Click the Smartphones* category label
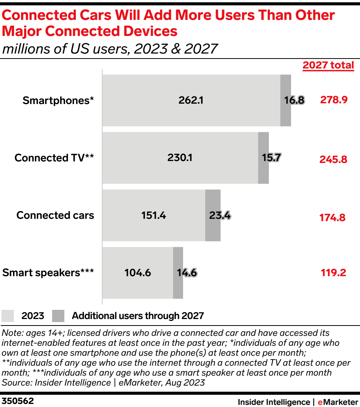pyautogui.click(x=58, y=101)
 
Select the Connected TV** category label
pyautogui.click(x=54, y=158)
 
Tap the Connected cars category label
pyautogui.click(x=55, y=215)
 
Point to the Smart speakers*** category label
pyautogui.click(x=48, y=273)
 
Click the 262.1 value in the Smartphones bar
pyautogui.click(x=191, y=100)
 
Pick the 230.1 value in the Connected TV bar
pyautogui.click(x=180, y=158)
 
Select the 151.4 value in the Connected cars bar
pyautogui.click(x=154, y=215)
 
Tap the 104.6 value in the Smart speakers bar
pyautogui.click(x=137, y=273)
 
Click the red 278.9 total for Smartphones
pyautogui.click(x=334, y=100)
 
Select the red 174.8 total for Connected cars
pyautogui.click(x=332, y=218)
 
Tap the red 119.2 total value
pyautogui.click(x=333, y=273)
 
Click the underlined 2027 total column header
pyautogui.click(x=328, y=65)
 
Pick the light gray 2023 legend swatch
pyautogui.click(x=8, y=316)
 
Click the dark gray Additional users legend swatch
pyautogui.click(x=58, y=316)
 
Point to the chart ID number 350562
pyautogui.click(x=18, y=401)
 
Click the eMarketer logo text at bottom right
pyautogui.click(x=337, y=402)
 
